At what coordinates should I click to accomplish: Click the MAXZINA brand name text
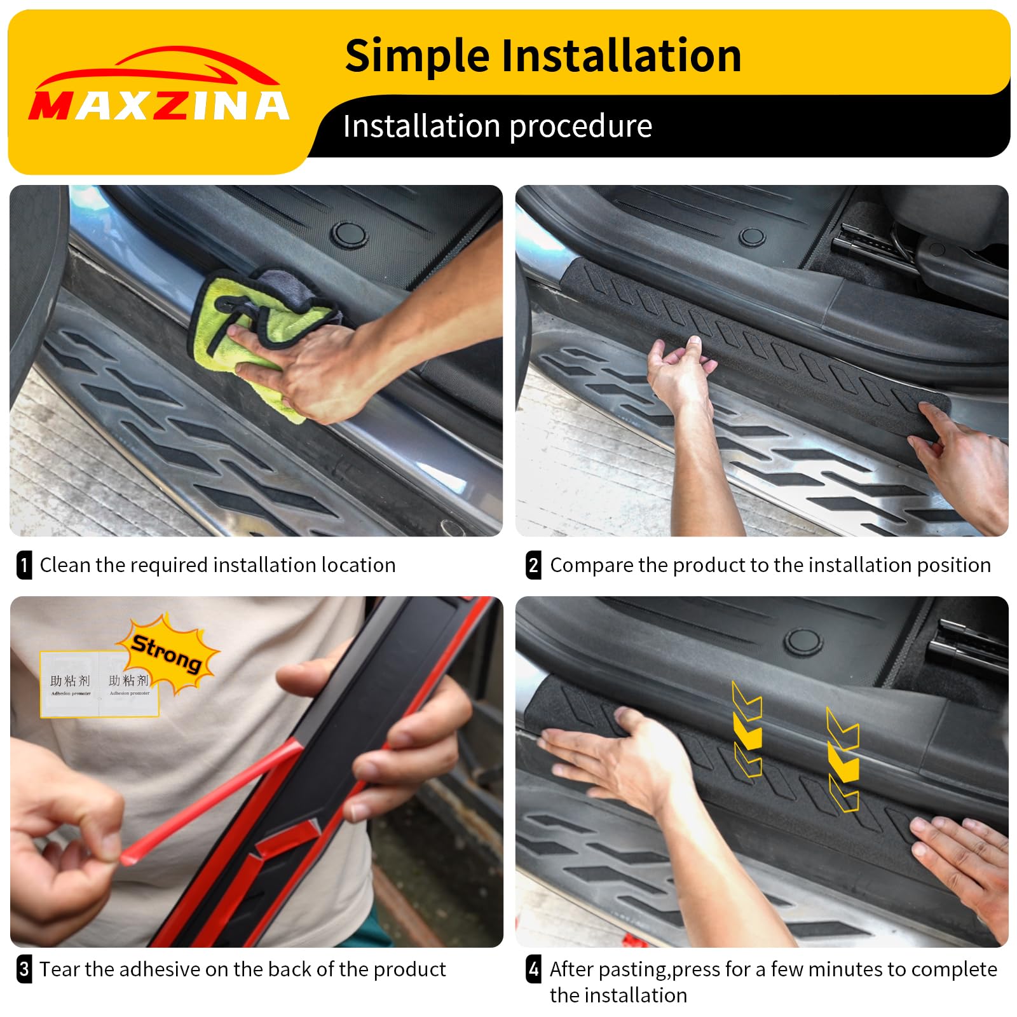pyautogui.click(x=159, y=106)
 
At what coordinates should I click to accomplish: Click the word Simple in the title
pyautogui.click(x=417, y=56)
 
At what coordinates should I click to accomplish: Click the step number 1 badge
pyautogui.click(x=24, y=565)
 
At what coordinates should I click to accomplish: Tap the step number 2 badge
pyautogui.click(x=534, y=565)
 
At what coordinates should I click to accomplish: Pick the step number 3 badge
pyautogui.click(x=24, y=969)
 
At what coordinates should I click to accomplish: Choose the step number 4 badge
pyautogui.click(x=534, y=969)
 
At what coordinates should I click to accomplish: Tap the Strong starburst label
pyautogui.click(x=167, y=653)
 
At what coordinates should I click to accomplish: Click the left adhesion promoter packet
pyautogui.click(x=70, y=685)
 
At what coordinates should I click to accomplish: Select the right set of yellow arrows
pyautogui.click(x=843, y=760)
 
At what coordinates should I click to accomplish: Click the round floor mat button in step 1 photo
pyautogui.click(x=348, y=234)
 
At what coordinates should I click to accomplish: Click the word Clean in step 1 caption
pyautogui.click(x=65, y=565)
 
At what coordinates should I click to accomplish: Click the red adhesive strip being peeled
pyautogui.click(x=210, y=804)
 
